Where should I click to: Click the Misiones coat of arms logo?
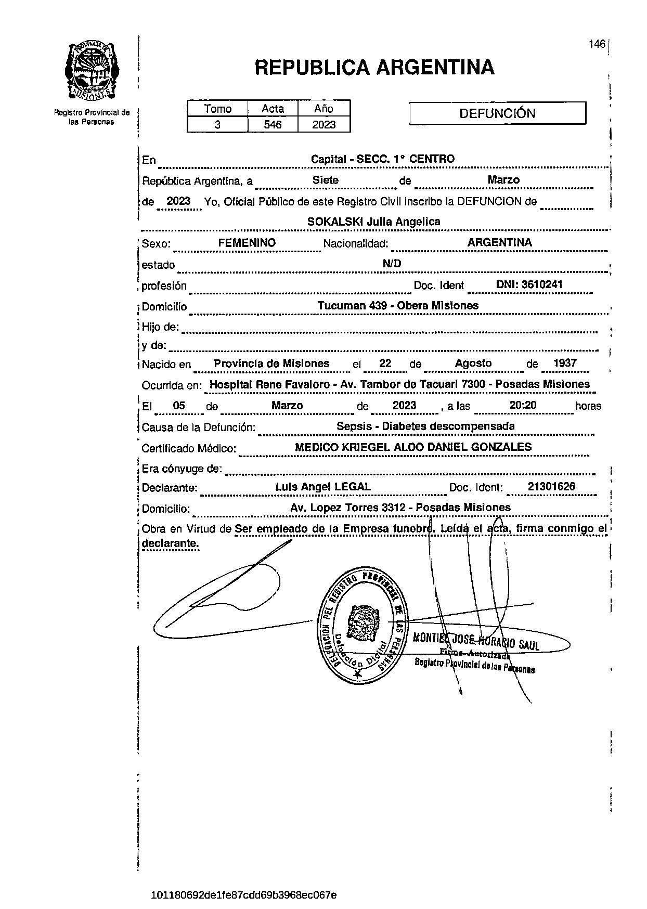click(92, 71)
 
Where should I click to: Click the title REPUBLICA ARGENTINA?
click(374, 68)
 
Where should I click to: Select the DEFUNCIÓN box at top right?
click(497, 113)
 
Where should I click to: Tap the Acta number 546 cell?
click(273, 125)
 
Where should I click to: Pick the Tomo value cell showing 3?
click(217, 125)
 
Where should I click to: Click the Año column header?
click(323, 109)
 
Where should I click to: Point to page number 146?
click(597, 44)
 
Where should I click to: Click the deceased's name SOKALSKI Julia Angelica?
click(373, 222)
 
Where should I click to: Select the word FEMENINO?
click(247, 243)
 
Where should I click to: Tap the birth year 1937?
click(565, 363)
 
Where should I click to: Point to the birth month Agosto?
click(473, 363)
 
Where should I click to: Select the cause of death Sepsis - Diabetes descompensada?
click(425, 426)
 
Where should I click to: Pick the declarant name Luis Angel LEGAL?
click(323, 487)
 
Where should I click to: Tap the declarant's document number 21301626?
click(551, 487)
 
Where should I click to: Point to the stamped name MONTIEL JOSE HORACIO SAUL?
click(475, 641)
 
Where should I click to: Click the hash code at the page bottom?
click(243, 895)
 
